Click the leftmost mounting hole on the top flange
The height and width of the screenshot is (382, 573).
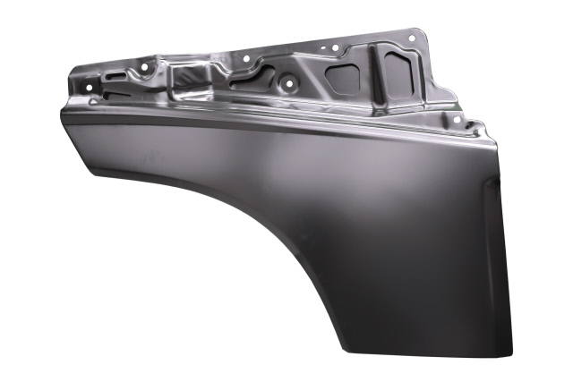pos(90,84)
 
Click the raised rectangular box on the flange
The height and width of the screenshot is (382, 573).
pos(189,72)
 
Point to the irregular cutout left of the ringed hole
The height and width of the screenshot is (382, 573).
pos(250,78)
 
